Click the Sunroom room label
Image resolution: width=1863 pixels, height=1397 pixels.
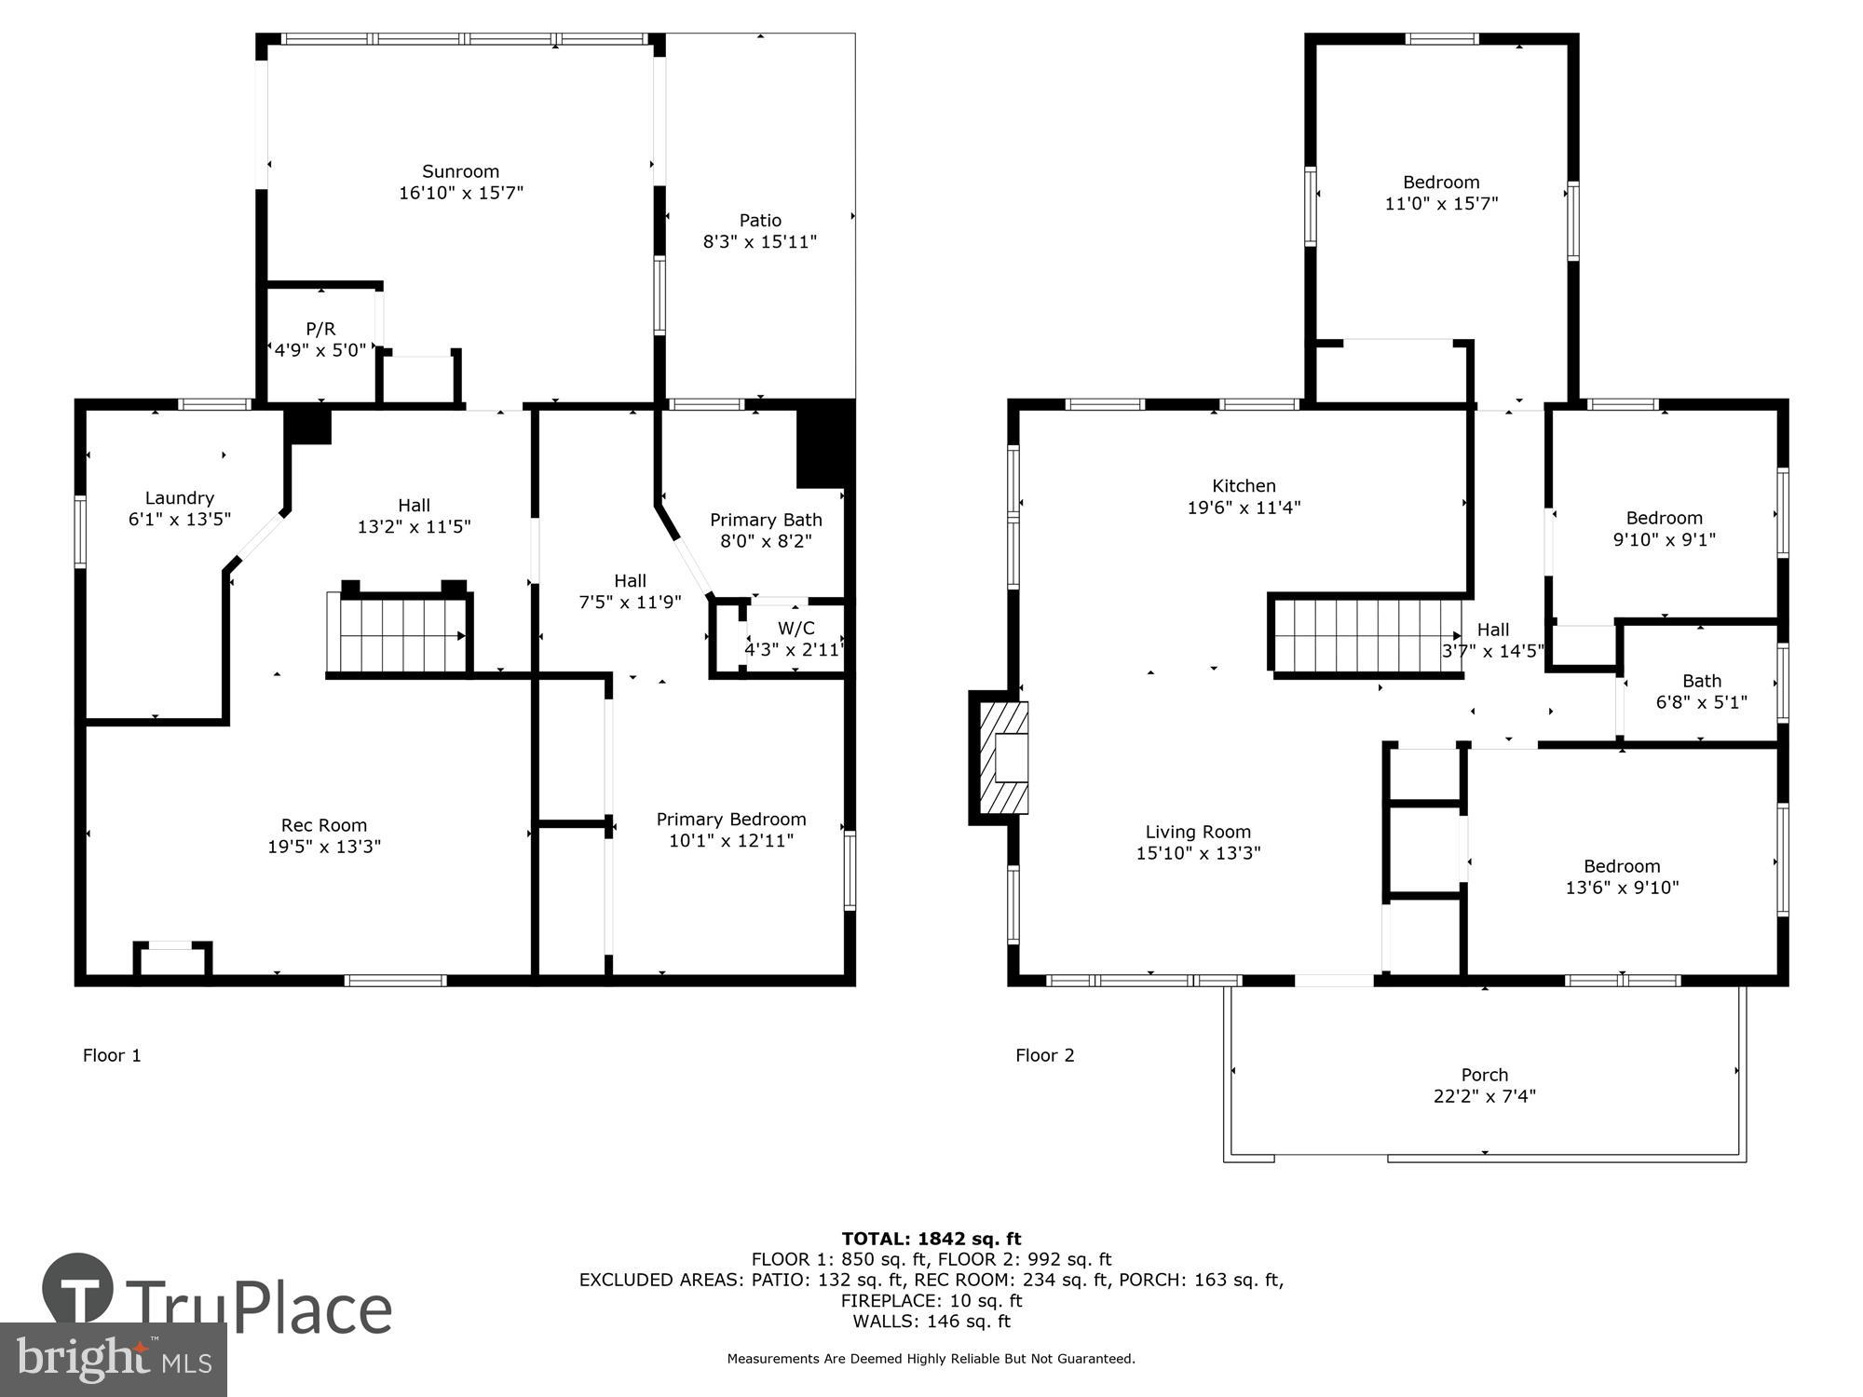pos(460,171)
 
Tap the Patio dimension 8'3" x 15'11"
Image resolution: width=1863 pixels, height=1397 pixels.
pos(759,242)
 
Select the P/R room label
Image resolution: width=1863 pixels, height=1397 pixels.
pos(320,329)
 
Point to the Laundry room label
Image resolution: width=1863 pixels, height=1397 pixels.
pos(179,498)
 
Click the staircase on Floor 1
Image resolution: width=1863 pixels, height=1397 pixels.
pos(398,635)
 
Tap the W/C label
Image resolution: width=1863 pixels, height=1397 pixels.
pos(796,629)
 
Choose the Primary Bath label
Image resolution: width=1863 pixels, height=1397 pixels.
pos(766,520)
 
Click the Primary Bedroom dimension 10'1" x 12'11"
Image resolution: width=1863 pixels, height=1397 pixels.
pos(730,841)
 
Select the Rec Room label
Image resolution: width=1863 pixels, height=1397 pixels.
pos(323,825)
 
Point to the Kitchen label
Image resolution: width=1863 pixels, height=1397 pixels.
pos(1244,486)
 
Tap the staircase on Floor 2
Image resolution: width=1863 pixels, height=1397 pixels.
pos(1364,635)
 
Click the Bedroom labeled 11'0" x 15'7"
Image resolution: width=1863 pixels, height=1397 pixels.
pos(1441,183)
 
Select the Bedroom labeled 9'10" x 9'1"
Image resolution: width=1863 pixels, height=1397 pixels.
pos(1664,519)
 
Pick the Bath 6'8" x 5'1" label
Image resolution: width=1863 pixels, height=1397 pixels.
pos(1701,682)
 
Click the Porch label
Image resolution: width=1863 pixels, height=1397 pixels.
pos(1484,1075)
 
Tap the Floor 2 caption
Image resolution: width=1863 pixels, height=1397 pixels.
pos(1044,1055)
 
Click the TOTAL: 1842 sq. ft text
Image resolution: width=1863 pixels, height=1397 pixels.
pos(931,1239)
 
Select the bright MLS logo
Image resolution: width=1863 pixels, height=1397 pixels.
pos(114,1360)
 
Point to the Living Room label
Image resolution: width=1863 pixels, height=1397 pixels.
pos(1198,832)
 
